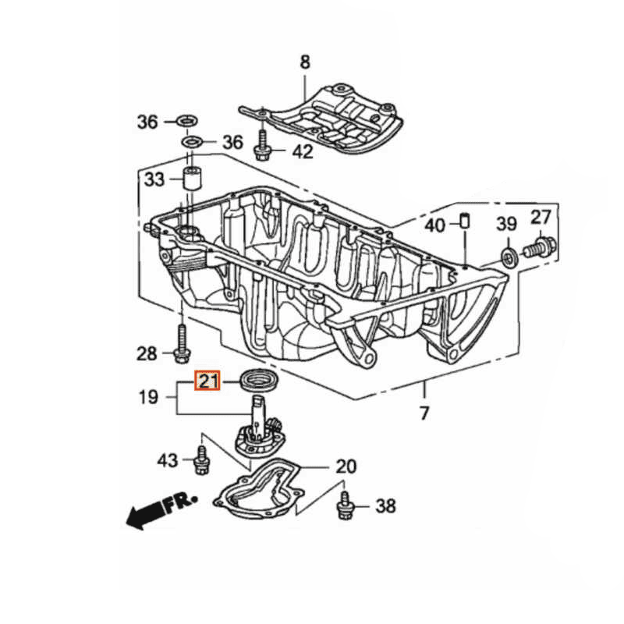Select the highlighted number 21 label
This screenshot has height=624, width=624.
207,381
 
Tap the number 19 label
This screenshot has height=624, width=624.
148,397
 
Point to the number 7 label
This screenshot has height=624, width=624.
424,413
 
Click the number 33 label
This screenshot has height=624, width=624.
154,181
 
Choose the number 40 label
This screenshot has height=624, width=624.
434,225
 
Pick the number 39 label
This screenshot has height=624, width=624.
507,225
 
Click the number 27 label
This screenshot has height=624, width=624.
541,218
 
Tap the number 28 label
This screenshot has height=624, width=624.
147,354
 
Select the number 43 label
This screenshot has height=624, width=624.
168,460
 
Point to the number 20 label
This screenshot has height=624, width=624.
346,466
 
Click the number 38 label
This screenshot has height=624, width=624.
386,506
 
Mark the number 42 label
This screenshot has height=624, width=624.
303,151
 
